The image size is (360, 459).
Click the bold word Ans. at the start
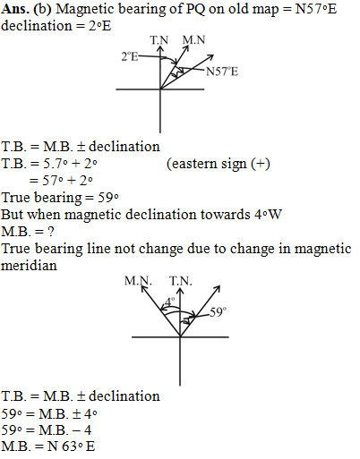pos(15,9)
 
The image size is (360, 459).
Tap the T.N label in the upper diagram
pos(159,40)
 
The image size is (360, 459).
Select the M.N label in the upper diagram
pos(194,39)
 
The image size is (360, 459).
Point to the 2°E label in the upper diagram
pos(130,56)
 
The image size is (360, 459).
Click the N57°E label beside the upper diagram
pos(222,72)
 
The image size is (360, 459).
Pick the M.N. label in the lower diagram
pos(138,281)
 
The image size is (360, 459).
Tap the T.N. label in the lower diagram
pos(181,281)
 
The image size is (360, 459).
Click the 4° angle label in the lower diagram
pos(170,302)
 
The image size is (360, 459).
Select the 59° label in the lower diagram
pos(218,312)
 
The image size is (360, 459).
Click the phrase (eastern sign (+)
pos(219,164)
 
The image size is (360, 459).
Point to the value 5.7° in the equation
pos(54,164)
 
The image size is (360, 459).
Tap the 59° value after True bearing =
pos(108,198)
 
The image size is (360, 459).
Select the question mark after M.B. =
pos(51,232)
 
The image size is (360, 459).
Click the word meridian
pos(29,266)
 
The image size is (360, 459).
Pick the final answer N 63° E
pos(71,446)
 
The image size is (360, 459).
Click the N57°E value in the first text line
pos(316,9)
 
